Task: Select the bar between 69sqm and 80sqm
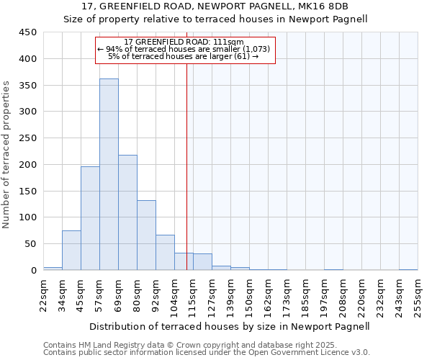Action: (x=127, y=212)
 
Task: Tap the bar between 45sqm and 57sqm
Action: (x=90, y=218)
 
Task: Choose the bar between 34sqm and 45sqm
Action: (x=71, y=250)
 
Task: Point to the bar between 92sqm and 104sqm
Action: (x=165, y=252)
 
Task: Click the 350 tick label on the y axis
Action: (x=27, y=85)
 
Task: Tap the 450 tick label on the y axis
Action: (x=27, y=32)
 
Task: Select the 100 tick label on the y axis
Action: (x=27, y=217)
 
